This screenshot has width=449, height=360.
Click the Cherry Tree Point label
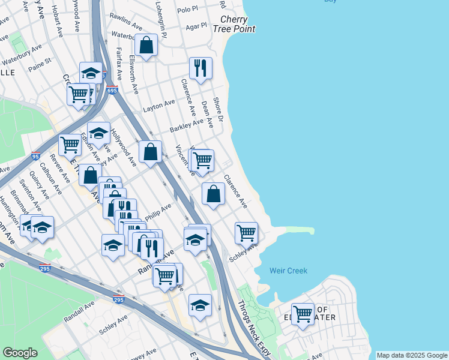pos(238,23)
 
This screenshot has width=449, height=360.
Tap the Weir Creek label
pos(288,271)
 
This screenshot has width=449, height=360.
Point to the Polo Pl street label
pos(187,10)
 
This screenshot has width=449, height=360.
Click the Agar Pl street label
pos(196,26)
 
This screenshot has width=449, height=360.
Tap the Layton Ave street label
pos(159,106)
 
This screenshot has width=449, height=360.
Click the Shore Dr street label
pos(217,109)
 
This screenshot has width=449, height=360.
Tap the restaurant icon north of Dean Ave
pos(200,68)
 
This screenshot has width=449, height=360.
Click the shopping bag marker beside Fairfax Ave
pos(146,44)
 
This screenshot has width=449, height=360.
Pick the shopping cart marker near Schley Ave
pos(246,232)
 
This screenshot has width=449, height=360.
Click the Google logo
pos(20,353)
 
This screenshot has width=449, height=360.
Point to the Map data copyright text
pos(412,355)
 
